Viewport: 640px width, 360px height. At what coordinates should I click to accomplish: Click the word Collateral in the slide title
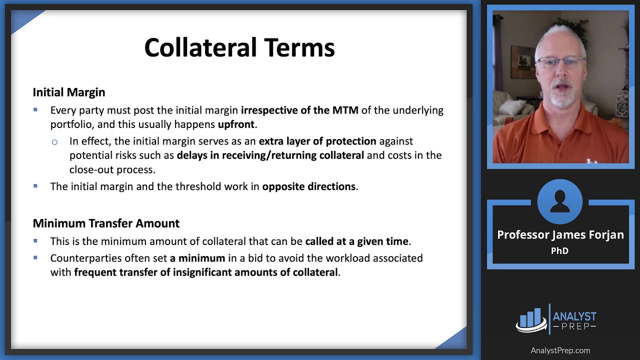click(x=201, y=47)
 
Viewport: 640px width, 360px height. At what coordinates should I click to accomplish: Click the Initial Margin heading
click(x=69, y=92)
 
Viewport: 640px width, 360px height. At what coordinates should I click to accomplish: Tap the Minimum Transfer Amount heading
click(x=106, y=223)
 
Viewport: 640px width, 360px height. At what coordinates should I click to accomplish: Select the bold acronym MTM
click(x=345, y=110)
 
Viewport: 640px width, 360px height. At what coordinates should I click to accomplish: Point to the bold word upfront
click(x=236, y=124)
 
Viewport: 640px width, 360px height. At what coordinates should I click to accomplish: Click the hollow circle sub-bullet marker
click(x=54, y=142)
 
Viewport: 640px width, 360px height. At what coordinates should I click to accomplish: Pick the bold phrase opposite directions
click(x=309, y=186)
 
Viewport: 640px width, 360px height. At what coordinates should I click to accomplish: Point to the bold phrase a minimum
click(x=197, y=258)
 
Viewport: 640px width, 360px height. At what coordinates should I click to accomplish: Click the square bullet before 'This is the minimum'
click(x=35, y=240)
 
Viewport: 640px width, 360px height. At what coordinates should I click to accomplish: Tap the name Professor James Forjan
click(x=560, y=235)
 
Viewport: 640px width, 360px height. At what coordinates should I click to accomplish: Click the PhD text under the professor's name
click(x=559, y=250)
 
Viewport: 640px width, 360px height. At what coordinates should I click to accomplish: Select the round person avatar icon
click(x=559, y=201)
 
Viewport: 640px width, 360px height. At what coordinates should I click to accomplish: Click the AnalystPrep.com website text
click(x=560, y=350)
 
